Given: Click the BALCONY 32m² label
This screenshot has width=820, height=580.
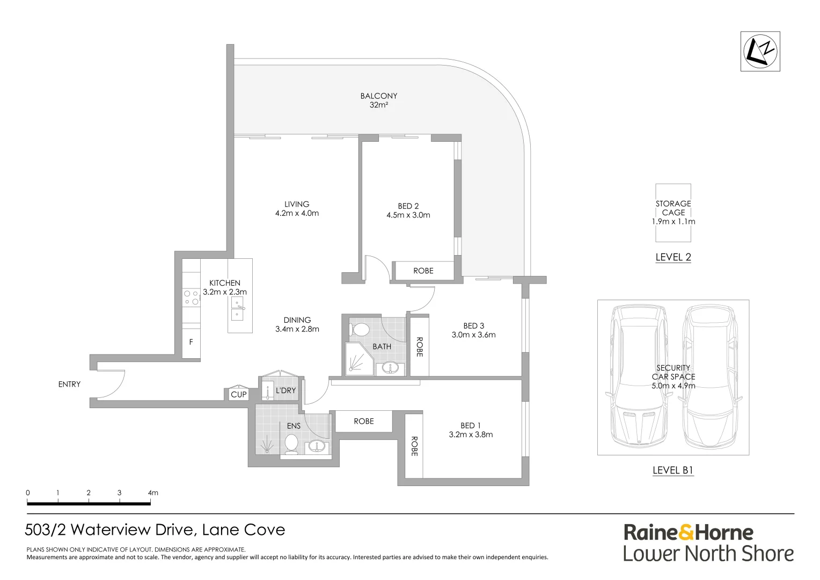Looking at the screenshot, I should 379,100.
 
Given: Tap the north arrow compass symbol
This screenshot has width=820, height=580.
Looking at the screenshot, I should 760,51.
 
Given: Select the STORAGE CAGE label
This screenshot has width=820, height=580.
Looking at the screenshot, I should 673,208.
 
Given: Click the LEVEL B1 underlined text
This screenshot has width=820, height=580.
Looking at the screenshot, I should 673,470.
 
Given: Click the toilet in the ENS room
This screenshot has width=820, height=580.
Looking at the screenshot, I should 291,444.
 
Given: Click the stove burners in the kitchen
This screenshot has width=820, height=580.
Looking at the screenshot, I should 191,298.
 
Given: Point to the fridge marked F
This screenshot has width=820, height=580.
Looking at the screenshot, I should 191,342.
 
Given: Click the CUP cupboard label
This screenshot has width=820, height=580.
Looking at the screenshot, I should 238,394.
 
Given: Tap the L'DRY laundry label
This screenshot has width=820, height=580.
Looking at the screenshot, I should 285,390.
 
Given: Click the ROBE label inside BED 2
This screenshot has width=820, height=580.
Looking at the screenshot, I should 423,271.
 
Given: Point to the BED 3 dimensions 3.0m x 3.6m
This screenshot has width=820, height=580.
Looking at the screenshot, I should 473,335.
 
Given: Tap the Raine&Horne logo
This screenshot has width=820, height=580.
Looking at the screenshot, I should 688,532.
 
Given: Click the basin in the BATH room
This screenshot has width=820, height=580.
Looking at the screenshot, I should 390,368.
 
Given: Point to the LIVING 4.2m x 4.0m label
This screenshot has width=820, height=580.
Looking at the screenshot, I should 297,208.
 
